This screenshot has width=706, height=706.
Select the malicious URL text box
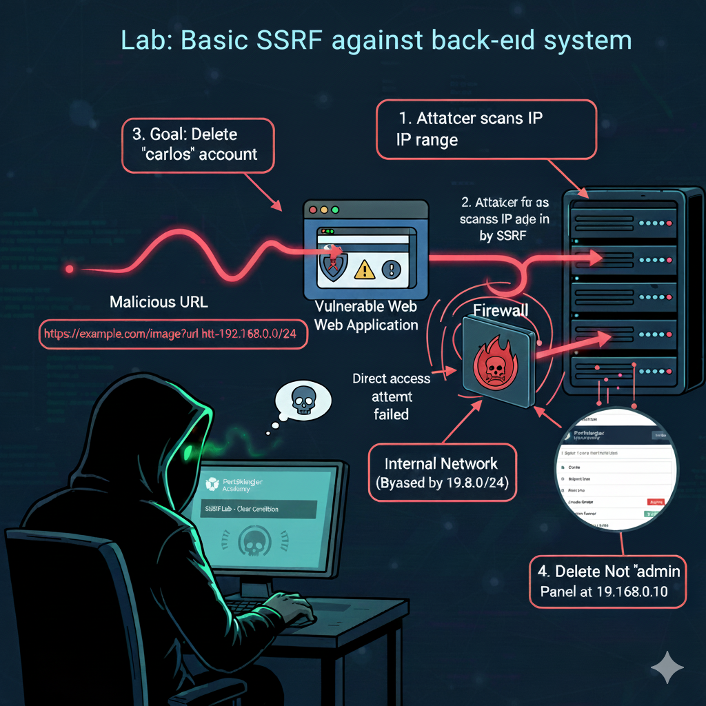tap(172, 334)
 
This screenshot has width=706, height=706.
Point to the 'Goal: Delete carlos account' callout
tap(199, 143)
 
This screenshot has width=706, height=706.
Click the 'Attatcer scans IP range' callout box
tap(485, 128)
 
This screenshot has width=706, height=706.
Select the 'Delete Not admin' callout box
tap(608, 581)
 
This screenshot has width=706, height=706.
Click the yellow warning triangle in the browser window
tap(365, 270)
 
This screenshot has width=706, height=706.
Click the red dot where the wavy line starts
tap(68, 268)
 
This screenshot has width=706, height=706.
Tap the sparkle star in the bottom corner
tap(667, 668)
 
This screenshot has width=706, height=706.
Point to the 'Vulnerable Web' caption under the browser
tap(365, 307)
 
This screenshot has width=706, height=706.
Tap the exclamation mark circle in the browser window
tap(390, 268)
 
